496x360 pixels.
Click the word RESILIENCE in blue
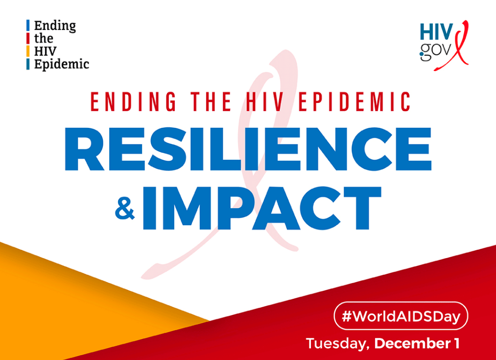(x=248, y=149)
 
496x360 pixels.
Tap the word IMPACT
(x=261, y=208)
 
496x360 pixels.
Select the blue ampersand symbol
(x=125, y=208)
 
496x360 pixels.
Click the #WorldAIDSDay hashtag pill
(x=401, y=316)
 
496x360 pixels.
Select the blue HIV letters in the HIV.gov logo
(x=436, y=32)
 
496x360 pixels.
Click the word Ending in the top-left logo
(x=55, y=26)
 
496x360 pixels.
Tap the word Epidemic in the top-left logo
(x=62, y=64)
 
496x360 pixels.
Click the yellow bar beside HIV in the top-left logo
(x=28, y=51)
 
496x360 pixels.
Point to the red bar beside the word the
(x=28, y=39)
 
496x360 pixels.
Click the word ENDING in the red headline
(x=133, y=101)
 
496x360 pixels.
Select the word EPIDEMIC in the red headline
(x=354, y=101)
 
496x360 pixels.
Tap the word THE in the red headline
(x=211, y=101)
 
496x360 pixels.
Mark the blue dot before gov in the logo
(x=422, y=54)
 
